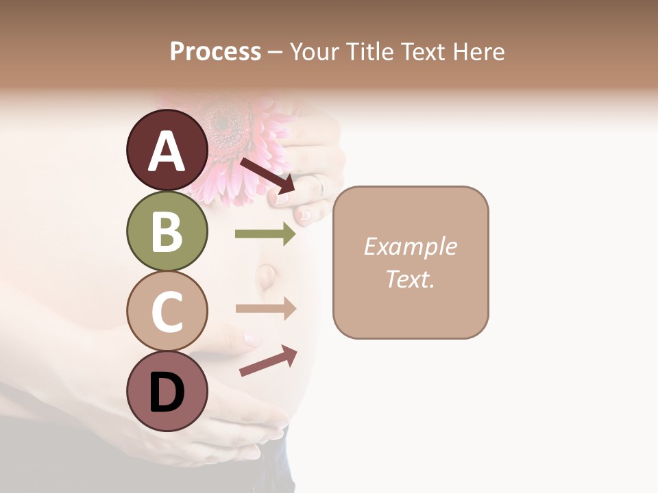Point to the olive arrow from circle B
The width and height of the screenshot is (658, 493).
[265, 234]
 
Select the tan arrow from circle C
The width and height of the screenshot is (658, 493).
[266, 309]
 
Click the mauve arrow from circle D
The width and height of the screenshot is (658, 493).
[268, 361]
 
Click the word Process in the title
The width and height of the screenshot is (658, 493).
[215, 51]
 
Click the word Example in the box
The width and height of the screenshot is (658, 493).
[410, 246]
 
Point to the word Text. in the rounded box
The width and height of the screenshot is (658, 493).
[410, 279]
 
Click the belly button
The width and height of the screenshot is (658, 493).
[267, 276]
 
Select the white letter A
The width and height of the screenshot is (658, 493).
[167, 151]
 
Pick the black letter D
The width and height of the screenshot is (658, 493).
[167, 394]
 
